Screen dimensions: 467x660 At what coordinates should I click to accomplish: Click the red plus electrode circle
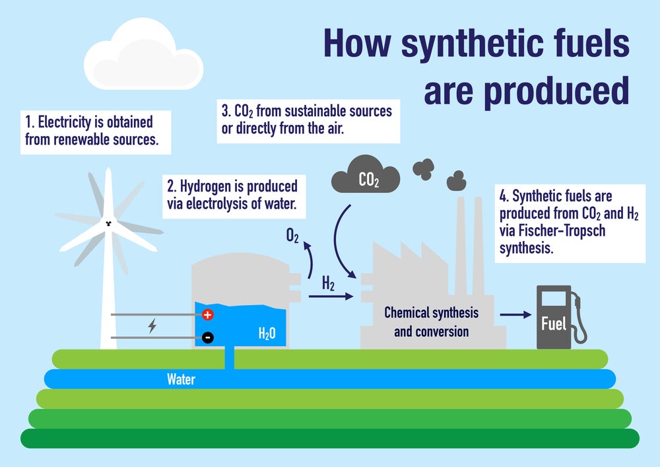coord(207,315)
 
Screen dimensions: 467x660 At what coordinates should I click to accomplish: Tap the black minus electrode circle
coord(207,338)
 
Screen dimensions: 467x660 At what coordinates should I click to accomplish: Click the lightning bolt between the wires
coord(152,326)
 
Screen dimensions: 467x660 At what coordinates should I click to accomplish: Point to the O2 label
coord(292,235)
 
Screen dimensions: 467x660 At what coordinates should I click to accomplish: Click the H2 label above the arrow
coord(328,284)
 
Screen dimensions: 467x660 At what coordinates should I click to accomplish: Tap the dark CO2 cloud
coord(366,174)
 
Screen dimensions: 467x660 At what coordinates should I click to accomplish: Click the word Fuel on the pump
coord(553,324)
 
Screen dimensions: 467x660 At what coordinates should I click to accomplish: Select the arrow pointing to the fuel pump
coord(515,315)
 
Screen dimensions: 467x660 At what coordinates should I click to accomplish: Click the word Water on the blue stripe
coord(181,380)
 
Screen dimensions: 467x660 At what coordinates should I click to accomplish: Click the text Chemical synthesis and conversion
coord(431,321)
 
